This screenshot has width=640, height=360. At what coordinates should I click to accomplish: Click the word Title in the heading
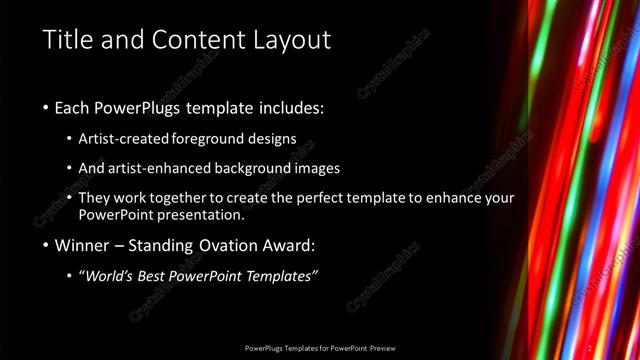(x=67, y=40)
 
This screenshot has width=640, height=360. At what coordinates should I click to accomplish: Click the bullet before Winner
(x=45, y=245)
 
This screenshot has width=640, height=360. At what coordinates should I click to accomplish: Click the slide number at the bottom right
(x=590, y=348)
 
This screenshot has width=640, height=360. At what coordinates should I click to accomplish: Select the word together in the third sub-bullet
(x=191, y=198)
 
